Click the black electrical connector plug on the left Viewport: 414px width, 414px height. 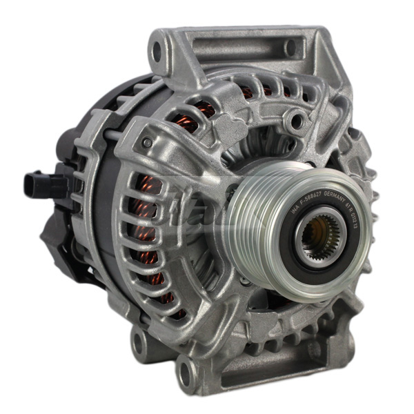tap(35, 183)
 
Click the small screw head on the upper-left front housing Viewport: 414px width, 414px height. tap(147, 143)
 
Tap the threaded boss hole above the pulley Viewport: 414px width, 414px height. tap(297, 124)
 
